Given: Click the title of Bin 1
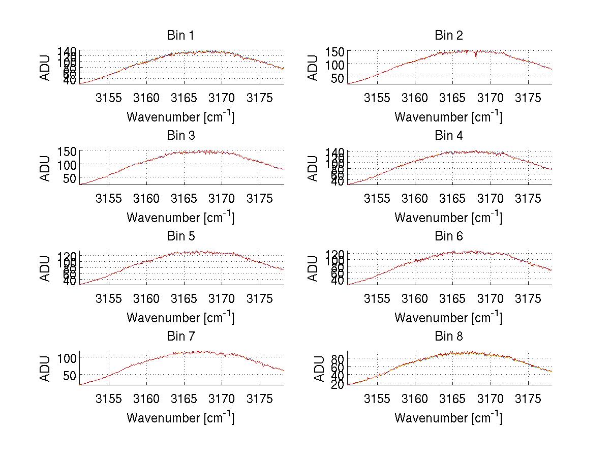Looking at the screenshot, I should click(180, 36).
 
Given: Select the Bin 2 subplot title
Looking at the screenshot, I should click(449, 36).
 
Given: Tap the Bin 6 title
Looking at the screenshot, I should click(449, 236).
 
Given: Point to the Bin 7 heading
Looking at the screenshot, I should click(180, 337).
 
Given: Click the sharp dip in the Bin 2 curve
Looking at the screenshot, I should click(476, 57).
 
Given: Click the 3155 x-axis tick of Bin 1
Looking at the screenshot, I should click(109, 98).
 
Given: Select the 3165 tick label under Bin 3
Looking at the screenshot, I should click(185, 198).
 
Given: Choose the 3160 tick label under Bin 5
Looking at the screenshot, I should click(147, 298).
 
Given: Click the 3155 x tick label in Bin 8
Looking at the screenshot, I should click(377, 399).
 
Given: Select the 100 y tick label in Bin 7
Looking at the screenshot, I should click(68, 358).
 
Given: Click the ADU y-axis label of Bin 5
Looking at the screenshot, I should click(46, 268).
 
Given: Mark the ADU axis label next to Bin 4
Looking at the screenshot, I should click(314, 168).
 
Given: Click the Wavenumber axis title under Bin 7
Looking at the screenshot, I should click(180, 417).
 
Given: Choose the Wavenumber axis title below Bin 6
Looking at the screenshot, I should click(448, 317).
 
